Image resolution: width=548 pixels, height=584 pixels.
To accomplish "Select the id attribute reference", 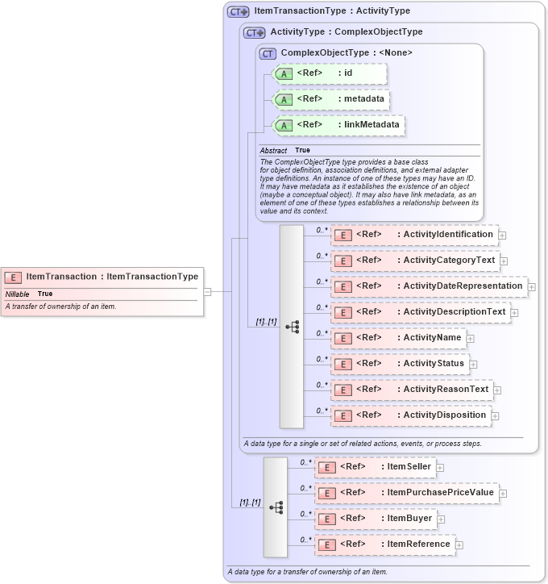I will tap(330, 73).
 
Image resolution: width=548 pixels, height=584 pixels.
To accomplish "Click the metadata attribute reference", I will tap(331, 99).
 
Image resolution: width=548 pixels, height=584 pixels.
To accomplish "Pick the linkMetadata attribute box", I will tap(338, 125).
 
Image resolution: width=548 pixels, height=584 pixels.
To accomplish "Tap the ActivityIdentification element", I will tap(414, 235).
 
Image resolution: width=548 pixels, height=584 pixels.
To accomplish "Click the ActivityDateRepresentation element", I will tap(429, 286).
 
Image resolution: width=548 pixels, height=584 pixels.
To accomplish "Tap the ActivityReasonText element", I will tap(412, 390).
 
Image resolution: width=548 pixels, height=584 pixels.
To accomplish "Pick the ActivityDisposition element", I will tap(411, 415).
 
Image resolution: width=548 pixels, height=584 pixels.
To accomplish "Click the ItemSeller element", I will tap(375, 467).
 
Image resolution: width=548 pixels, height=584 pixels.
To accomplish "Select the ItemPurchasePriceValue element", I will tap(406, 493).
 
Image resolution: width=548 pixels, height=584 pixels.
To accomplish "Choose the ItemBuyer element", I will tap(375, 519).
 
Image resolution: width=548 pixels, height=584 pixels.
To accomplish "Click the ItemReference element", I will tap(384, 544).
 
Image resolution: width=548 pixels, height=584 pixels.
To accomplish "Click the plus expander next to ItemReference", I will tap(459, 545).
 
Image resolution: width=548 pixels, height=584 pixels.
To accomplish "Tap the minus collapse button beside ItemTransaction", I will tap(207, 292).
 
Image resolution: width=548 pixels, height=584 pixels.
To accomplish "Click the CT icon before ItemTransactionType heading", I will tap(238, 12).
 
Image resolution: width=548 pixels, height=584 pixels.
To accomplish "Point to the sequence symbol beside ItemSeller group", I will tap(276, 507).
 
